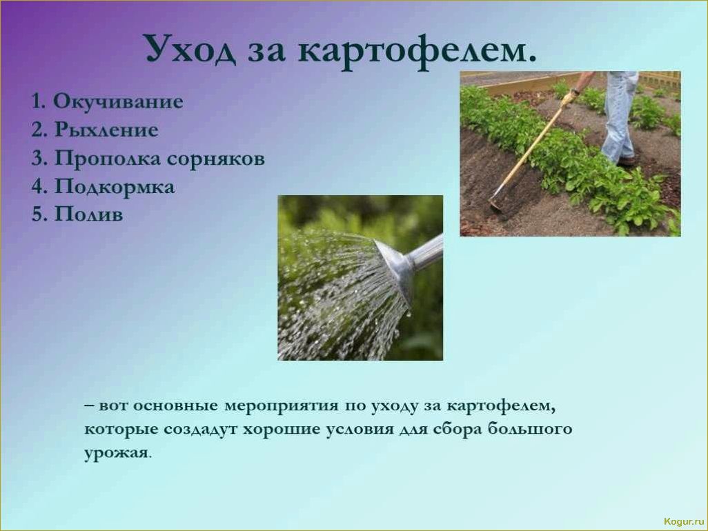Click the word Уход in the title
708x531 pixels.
click(190, 48)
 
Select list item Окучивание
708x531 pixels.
click(107, 102)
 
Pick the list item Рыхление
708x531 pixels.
click(95, 130)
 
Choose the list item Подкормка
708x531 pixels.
click(103, 186)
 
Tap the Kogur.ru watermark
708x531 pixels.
click(684, 521)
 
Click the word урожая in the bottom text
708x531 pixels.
click(116, 453)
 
